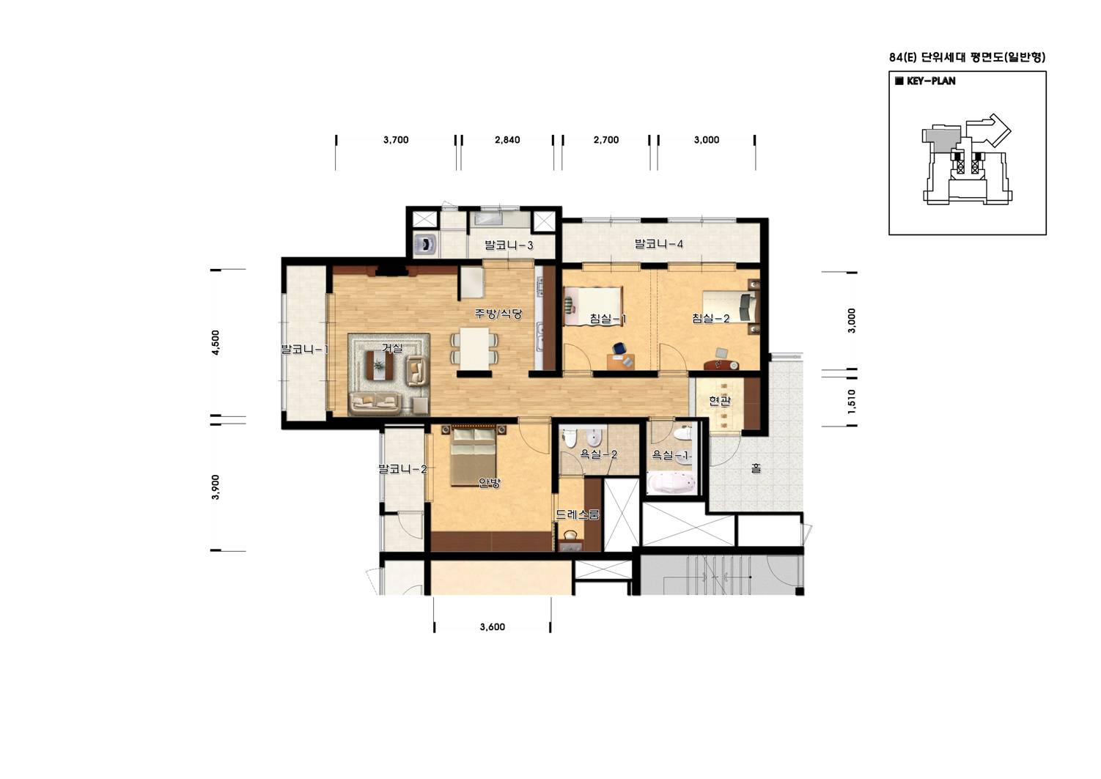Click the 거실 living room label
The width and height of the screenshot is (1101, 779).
point(392,348)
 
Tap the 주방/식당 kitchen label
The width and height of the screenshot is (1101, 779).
point(498,314)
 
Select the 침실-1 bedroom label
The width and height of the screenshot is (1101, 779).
point(608,319)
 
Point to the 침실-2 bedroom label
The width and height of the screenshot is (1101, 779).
point(711,319)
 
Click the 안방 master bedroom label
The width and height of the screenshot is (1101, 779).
point(490,483)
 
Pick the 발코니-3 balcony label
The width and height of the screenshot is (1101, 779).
point(509,245)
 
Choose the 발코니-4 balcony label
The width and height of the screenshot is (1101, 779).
point(659,243)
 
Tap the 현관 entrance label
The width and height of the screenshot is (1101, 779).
point(720,401)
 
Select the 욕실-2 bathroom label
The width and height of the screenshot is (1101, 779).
point(598,454)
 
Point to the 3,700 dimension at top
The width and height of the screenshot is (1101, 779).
point(396,140)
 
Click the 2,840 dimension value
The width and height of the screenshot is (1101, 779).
point(507,140)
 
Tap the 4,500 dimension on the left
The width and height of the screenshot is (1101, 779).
point(216,342)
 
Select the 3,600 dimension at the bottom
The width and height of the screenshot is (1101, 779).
point(492,627)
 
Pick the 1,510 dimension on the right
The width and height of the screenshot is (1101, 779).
point(852,402)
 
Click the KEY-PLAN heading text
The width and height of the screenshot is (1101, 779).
point(931,81)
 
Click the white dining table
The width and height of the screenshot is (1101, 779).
point(474,348)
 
